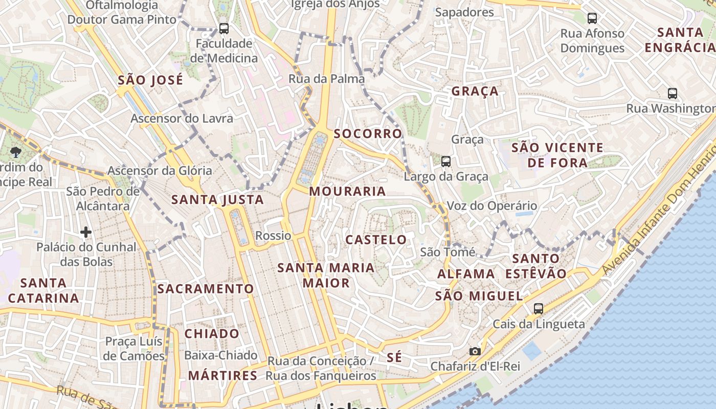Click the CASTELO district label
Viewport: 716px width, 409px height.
pos(376,240)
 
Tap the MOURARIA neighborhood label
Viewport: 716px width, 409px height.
pos(347,192)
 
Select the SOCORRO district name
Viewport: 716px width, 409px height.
pos(368,134)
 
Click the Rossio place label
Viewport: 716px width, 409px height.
pos(273,236)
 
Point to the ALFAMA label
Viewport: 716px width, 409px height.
pos(466,274)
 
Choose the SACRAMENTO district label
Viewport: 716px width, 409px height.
pos(206,289)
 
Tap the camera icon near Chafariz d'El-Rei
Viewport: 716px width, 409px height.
pos(475,351)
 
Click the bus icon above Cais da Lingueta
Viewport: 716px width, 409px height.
pos(538,308)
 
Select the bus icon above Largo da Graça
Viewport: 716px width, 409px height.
pos(446,162)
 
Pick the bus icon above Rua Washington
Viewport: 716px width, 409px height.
pos(673,94)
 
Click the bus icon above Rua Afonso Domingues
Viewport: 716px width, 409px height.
pos(592,18)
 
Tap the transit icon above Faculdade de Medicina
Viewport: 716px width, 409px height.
pos(223,29)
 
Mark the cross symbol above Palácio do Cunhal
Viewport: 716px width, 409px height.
pos(85,233)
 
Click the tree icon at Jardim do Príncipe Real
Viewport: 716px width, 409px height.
pos(16,152)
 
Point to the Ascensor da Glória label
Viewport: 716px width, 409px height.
pos(160,171)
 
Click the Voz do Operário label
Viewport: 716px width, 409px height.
pos(492,206)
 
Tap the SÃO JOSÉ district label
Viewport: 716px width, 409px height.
pos(150,80)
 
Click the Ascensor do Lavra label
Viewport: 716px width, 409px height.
pos(182,119)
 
